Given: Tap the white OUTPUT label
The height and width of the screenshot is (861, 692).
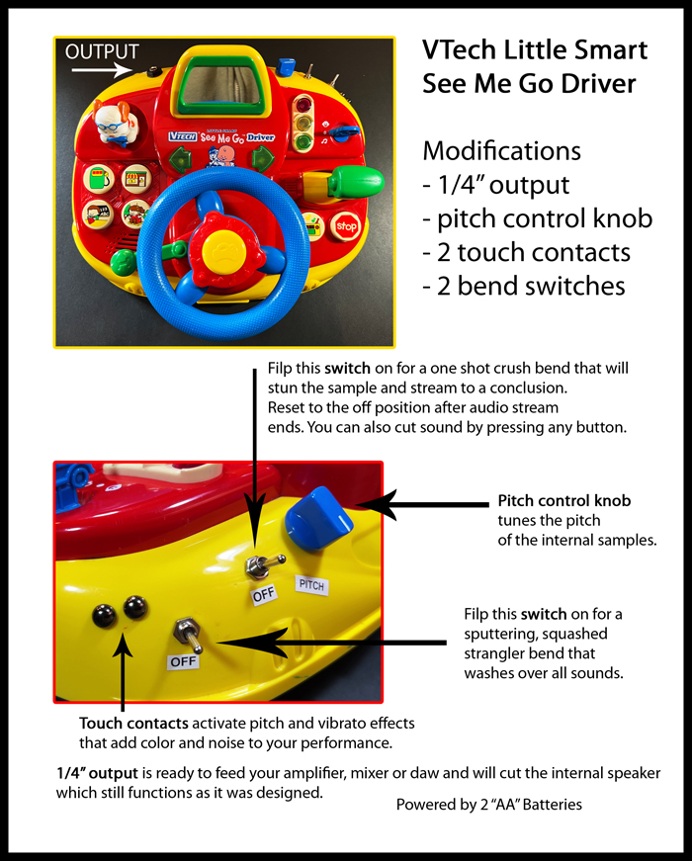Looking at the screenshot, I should point(102,51).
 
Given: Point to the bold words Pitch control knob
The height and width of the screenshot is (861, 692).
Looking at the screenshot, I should point(564,501).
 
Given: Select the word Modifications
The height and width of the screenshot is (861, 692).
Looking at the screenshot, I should point(501,151).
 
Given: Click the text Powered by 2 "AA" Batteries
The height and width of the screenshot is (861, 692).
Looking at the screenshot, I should point(489,804).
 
